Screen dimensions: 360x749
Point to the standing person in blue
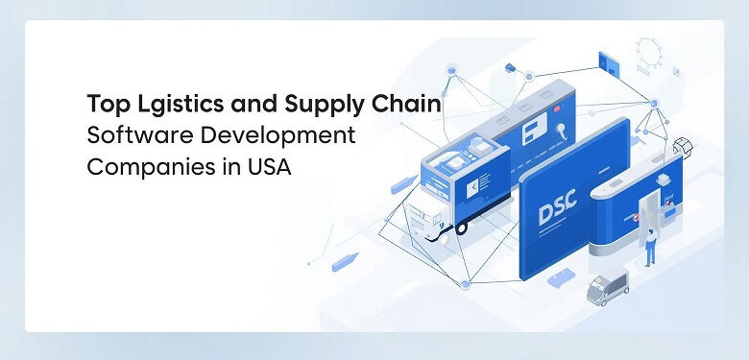tap(650, 249)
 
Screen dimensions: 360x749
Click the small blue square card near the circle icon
tap(608, 61)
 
